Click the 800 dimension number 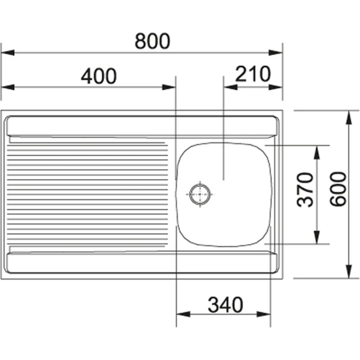click(x=153, y=41)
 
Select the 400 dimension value click(x=99, y=76)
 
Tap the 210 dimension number click(x=253, y=74)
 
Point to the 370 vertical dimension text click(x=305, y=189)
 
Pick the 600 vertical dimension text click(x=338, y=189)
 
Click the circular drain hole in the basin click(x=200, y=194)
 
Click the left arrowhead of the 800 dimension click(x=8, y=53)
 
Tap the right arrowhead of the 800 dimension click(x=276, y=53)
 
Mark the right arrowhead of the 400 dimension click(x=169, y=87)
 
